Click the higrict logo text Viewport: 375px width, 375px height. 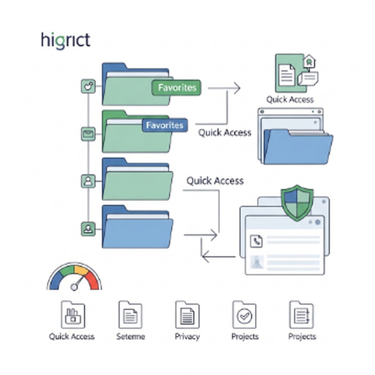pyautogui.click(x=66, y=40)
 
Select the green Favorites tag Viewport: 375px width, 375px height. pyautogui.click(x=176, y=88)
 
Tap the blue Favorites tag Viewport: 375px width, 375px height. pyautogui.click(x=164, y=125)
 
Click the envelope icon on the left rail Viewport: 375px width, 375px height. pyautogui.click(x=88, y=134)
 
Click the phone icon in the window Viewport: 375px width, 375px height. pyautogui.click(x=256, y=241)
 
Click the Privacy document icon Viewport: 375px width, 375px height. pyautogui.click(x=187, y=315)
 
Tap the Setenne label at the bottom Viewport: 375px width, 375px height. pyautogui.click(x=130, y=337)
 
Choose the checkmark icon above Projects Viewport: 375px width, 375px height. pyautogui.click(x=244, y=315)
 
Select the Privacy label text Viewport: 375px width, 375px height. pyautogui.click(x=187, y=337)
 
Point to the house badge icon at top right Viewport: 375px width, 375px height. pyautogui.click(x=309, y=61)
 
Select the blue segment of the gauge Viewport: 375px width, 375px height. pyautogui.click(x=55, y=281)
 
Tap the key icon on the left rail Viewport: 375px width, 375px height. pyautogui.click(x=88, y=87)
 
